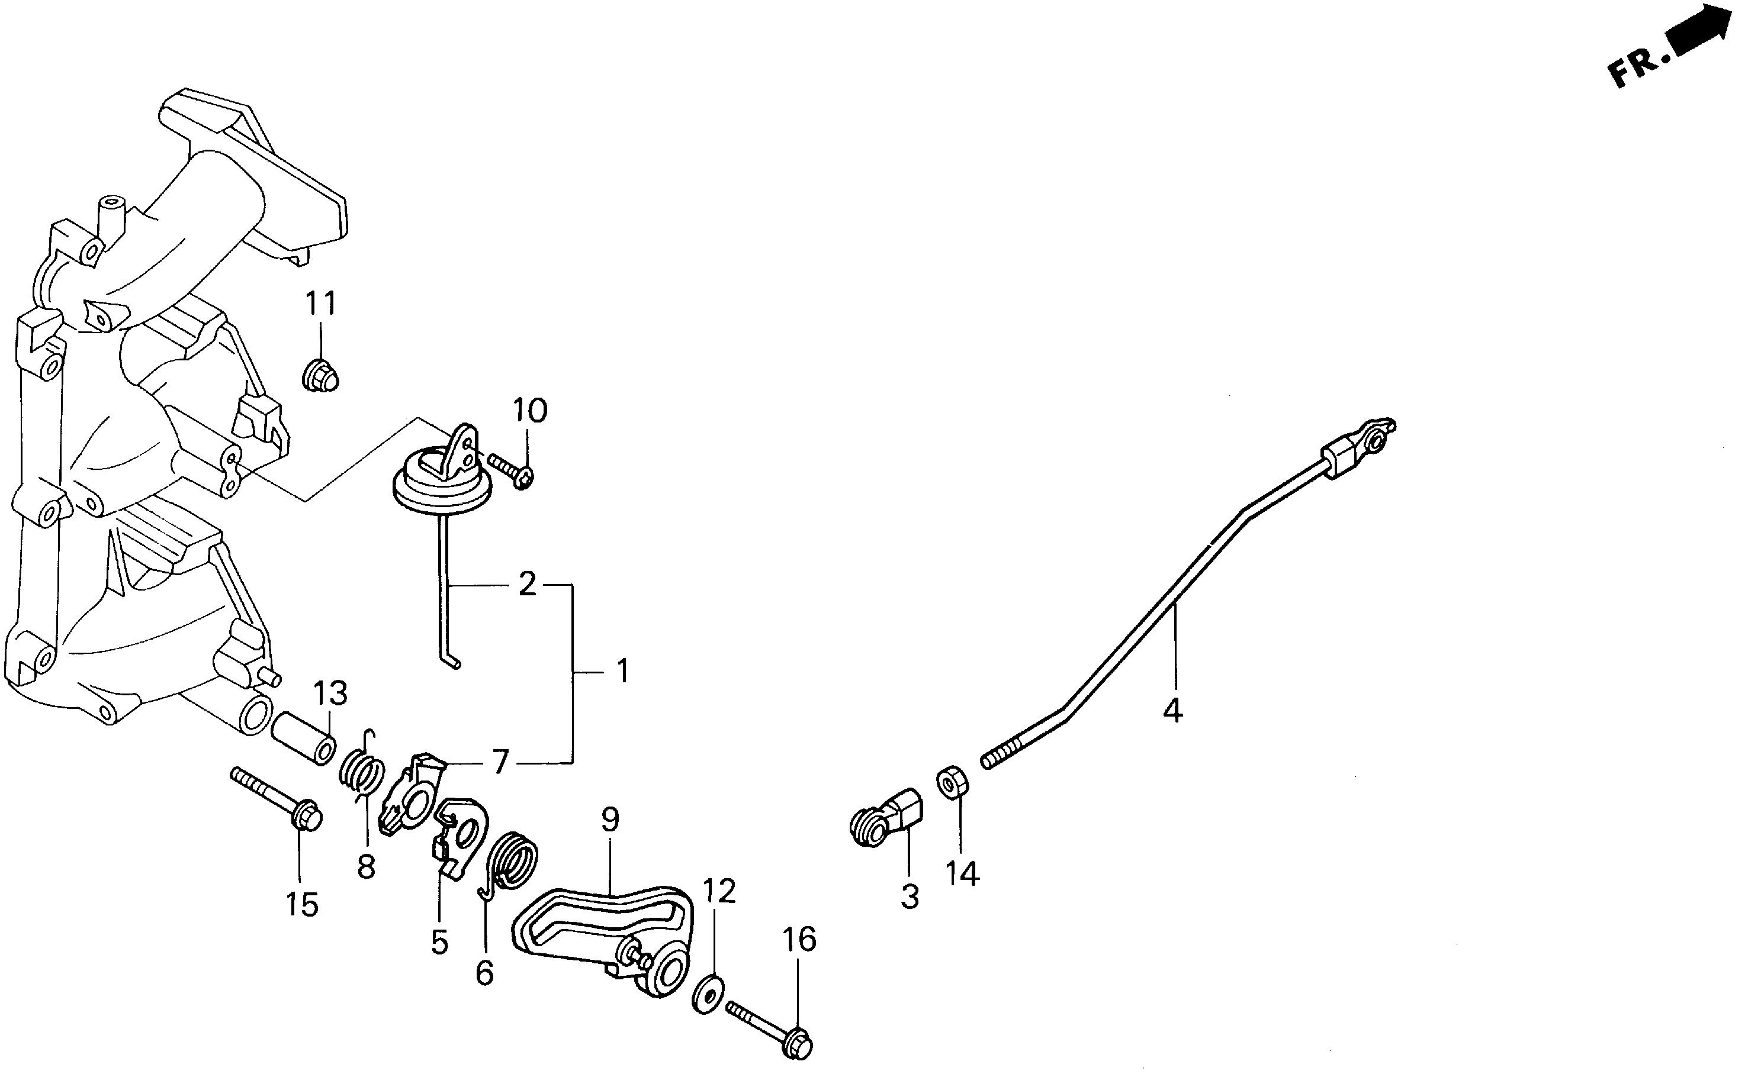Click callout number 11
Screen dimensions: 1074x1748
320,304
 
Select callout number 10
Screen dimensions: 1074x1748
530,410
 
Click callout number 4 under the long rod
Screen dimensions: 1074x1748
1172,710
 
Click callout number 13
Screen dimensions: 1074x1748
330,694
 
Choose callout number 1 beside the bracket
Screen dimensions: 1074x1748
622,671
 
